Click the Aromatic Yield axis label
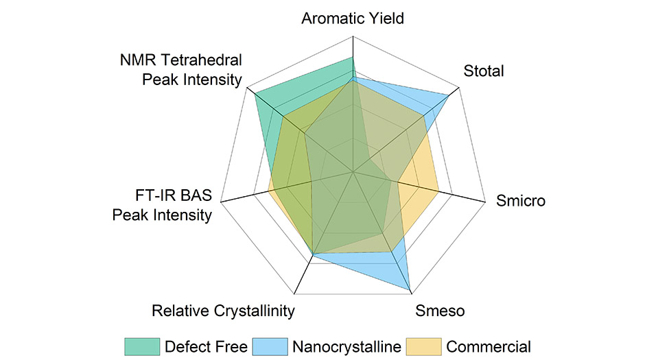point(353,19)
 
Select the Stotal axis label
point(484,71)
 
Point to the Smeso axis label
point(440,311)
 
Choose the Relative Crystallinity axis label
point(223,311)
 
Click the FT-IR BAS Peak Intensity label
point(162,205)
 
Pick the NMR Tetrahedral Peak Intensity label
point(180,70)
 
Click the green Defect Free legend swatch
point(141,346)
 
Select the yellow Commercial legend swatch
point(423,346)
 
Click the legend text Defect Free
point(205,346)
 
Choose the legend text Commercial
point(489,346)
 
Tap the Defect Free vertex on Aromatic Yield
point(353,58)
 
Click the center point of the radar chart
point(353,171)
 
